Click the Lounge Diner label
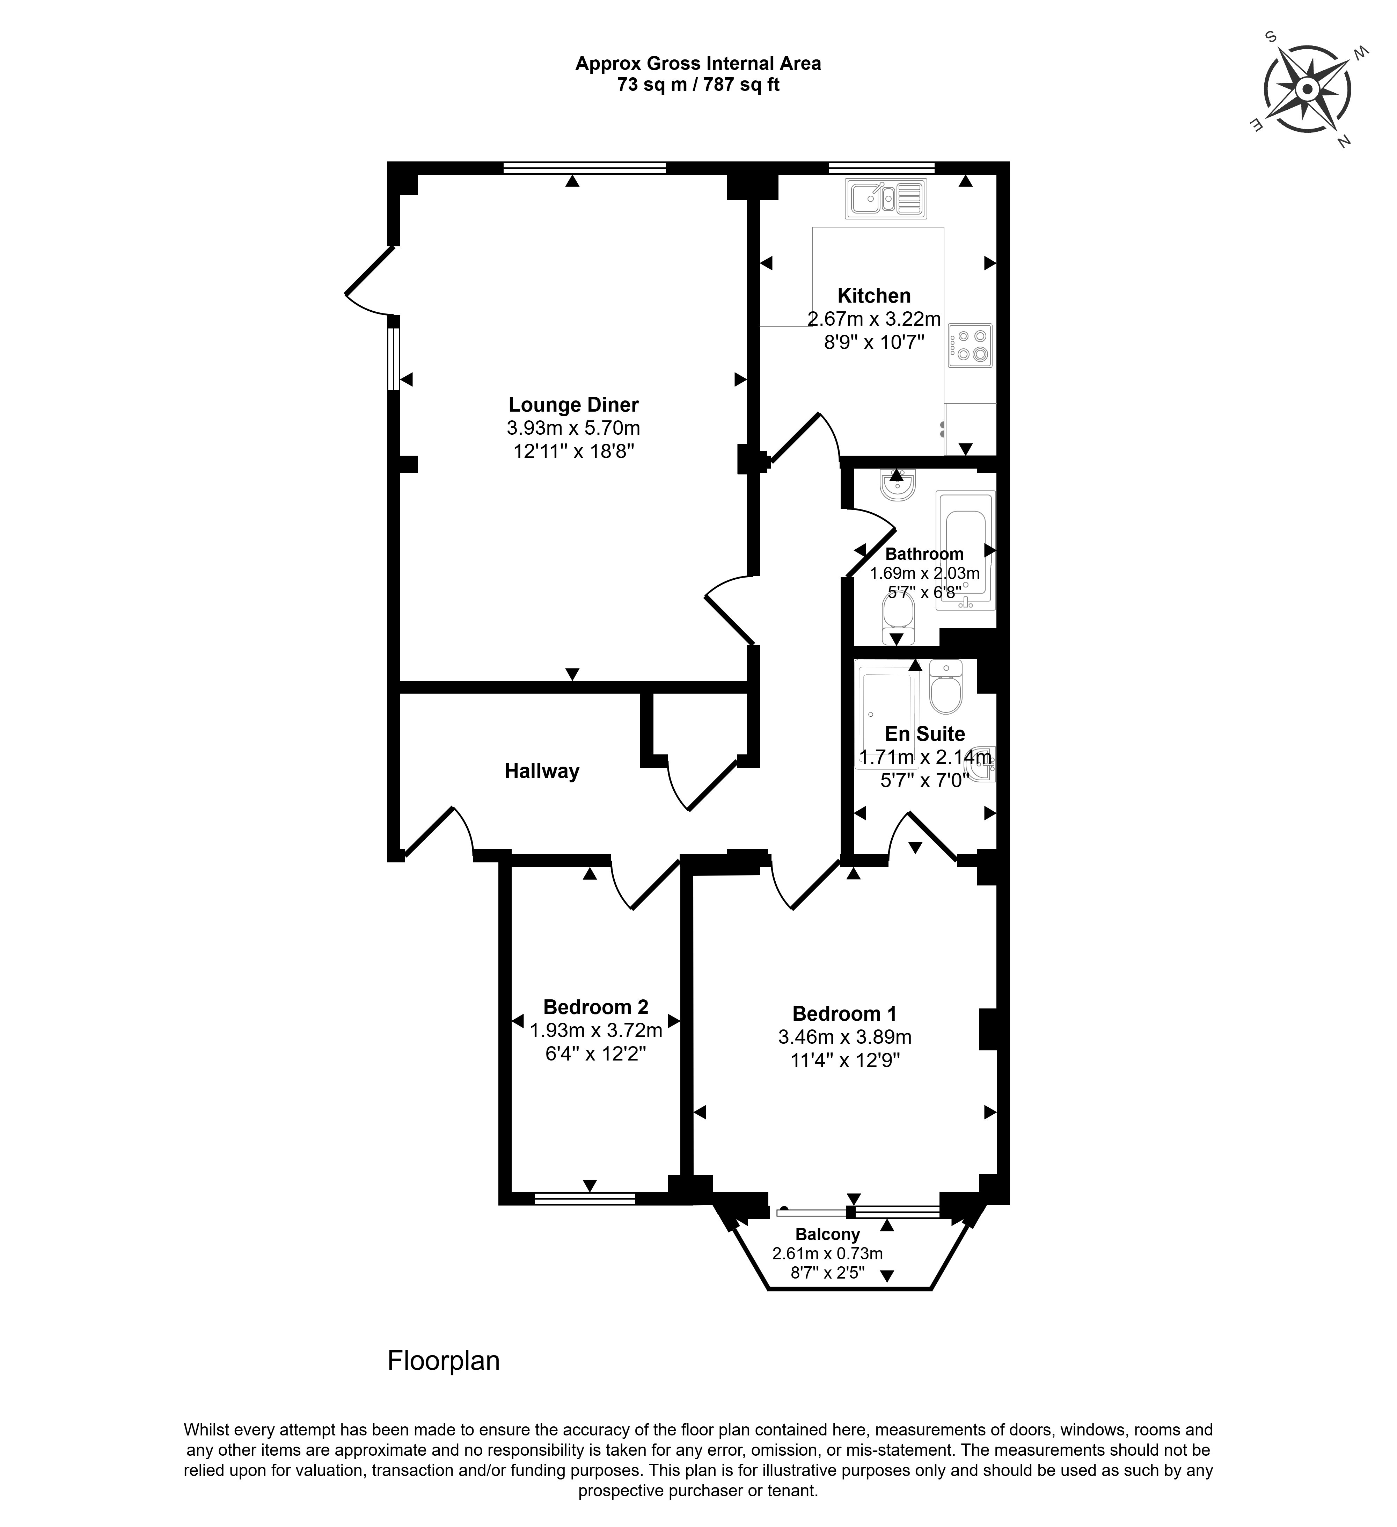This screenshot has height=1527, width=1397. (573, 405)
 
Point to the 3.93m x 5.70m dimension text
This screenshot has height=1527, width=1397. (573, 428)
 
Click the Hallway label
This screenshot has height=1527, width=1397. (542, 771)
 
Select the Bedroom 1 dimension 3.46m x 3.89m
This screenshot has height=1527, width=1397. (844, 1037)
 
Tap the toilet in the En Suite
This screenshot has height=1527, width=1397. (946, 686)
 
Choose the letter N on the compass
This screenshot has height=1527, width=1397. (1344, 140)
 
